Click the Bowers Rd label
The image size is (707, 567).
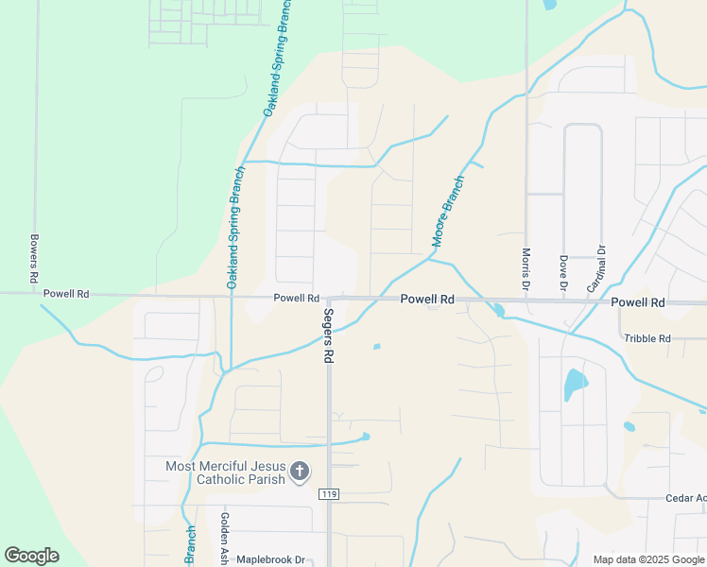(x=33, y=260)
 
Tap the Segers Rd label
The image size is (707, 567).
(x=329, y=336)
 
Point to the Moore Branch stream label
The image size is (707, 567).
(x=449, y=212)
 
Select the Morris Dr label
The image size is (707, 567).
(x=526, y=268)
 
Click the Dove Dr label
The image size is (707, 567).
(x=562, y=272)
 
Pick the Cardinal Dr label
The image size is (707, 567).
(x=595, y=268)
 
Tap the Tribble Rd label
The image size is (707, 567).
(x=647, y=338)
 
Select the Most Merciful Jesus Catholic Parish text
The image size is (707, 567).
(x=225, y=472)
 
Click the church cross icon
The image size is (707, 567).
(x=300, y=472)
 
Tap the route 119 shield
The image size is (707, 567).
(x=329, y=494)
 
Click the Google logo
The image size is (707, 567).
(x=31, y=556)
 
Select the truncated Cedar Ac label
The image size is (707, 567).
(x=685, y=498)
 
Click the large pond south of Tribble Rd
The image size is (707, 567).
(x=575, y=383)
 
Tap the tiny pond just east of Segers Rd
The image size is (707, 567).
(x=376, y=346)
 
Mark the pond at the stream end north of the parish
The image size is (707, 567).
(x=365, y=436)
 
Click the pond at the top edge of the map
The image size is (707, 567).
(x=549, y=4)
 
